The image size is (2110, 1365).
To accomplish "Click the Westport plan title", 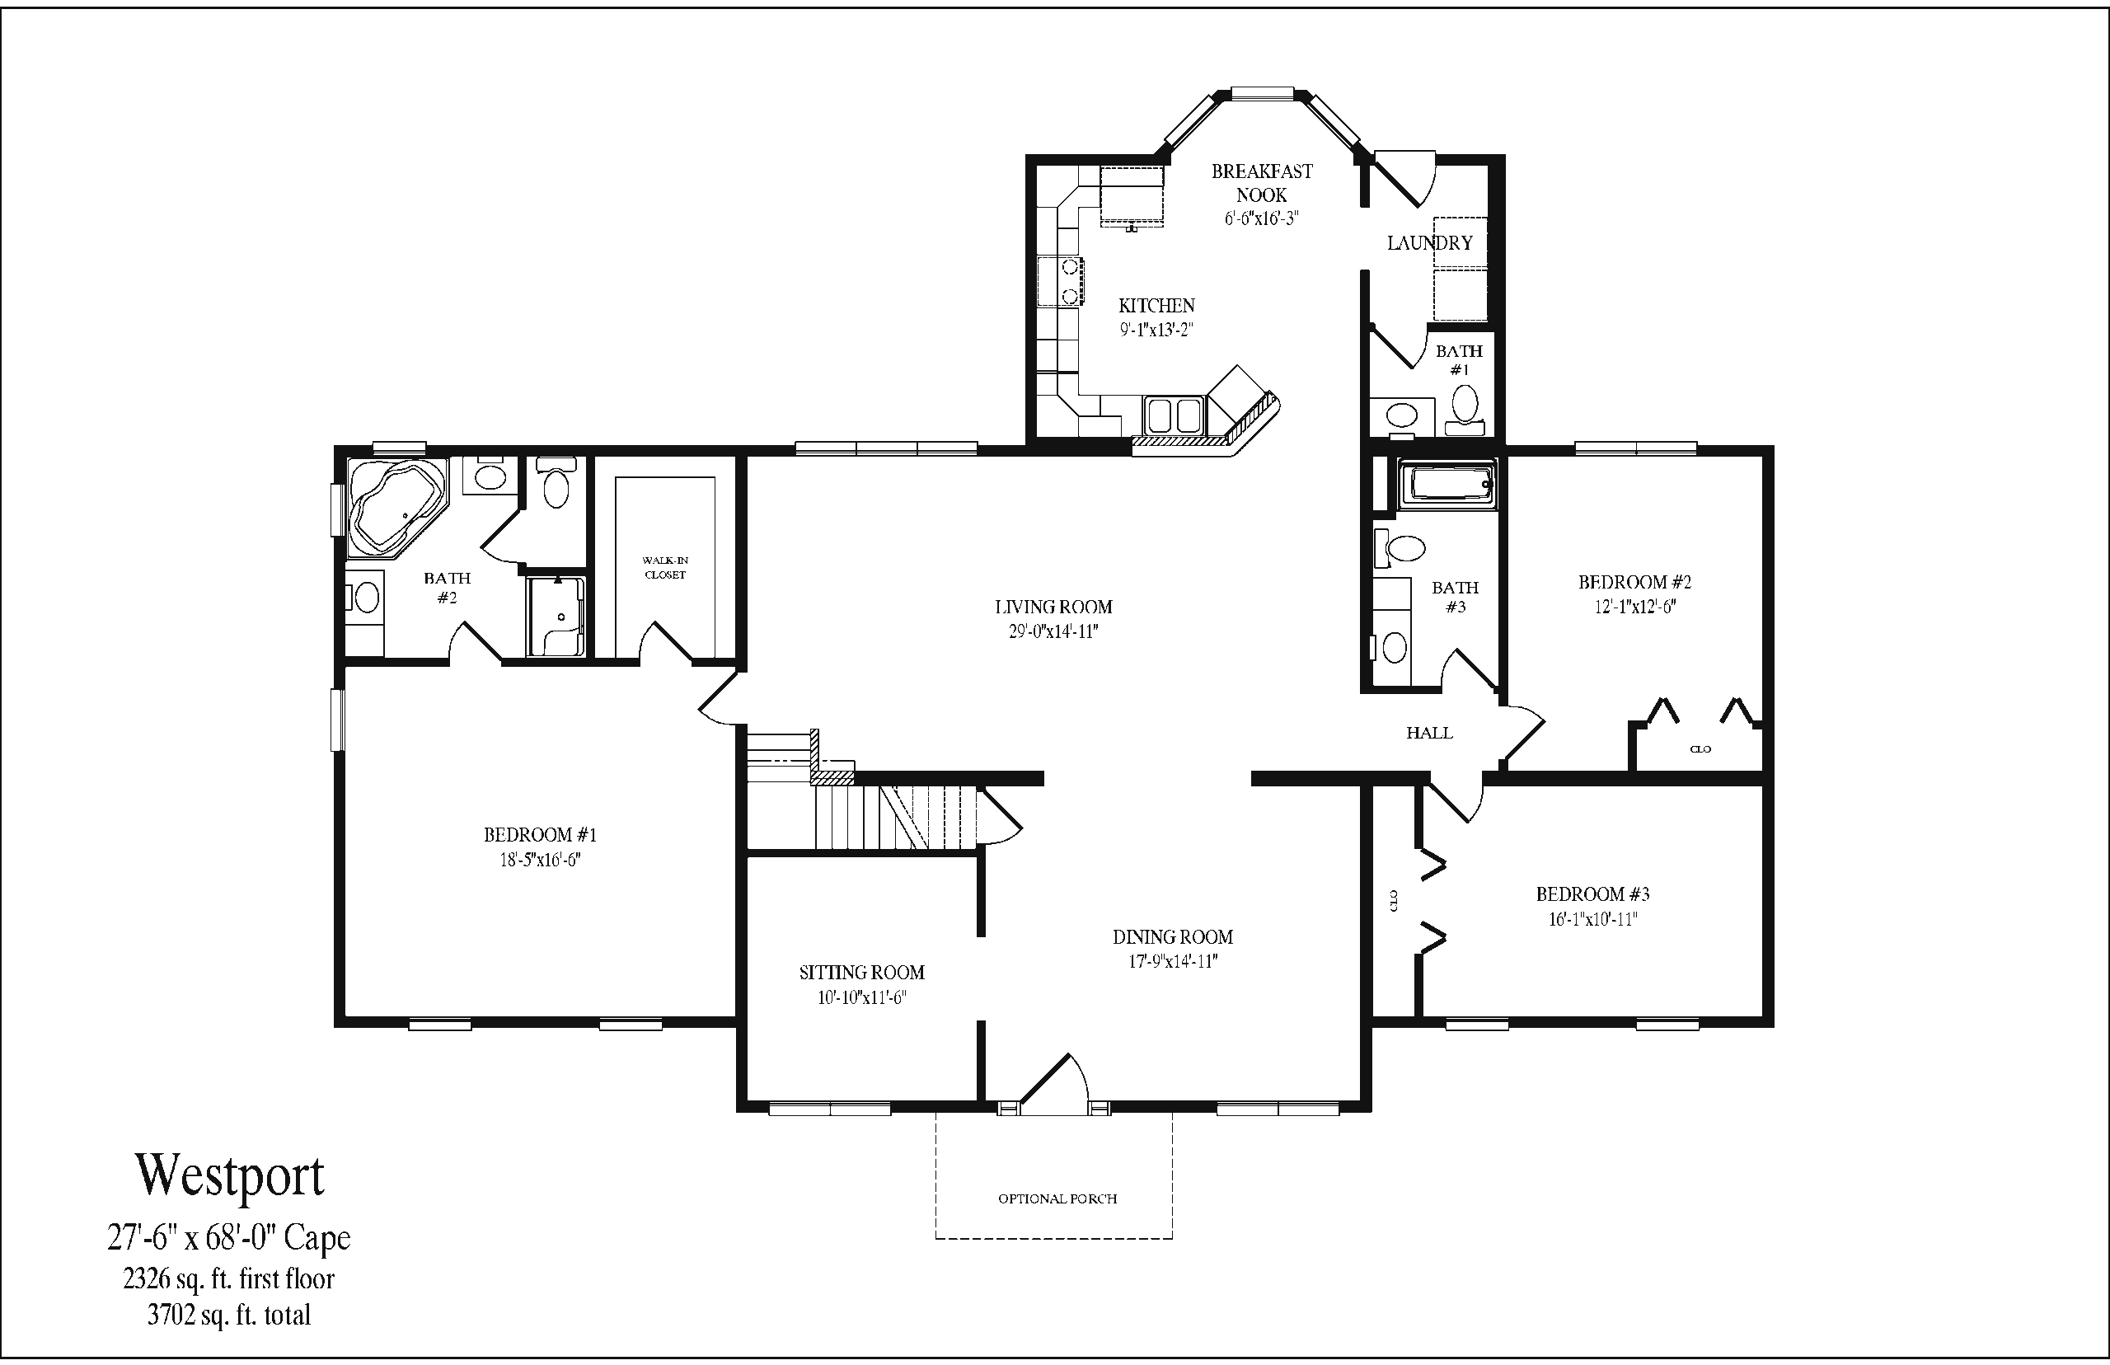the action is click(229, 1175).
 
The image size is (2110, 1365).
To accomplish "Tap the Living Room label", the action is click(1053, 607).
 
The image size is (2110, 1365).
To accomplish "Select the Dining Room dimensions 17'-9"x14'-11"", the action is click(1172, 962).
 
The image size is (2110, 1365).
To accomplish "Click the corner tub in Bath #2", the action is click(396, 506).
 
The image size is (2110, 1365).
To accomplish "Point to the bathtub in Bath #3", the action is click(1447, 484).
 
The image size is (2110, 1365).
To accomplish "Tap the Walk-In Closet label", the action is click(664, 567).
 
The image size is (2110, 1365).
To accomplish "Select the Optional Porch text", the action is click(1057, 1198).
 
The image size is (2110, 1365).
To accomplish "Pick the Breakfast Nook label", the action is click(1262, 183).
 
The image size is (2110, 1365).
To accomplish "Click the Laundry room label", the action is click(1429, 243).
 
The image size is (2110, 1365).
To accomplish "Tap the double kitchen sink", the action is click(1172, 415).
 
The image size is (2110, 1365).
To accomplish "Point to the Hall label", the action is click(1428, 733).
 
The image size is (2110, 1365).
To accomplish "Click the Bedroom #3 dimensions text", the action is click(1592, 919).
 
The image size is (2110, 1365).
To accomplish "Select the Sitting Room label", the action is click(861, 973).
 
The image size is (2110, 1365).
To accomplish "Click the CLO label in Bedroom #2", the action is click(1700, 749).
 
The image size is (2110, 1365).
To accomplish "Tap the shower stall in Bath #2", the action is click(556, 617).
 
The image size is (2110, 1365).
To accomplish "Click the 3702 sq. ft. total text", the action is click(229, 1316).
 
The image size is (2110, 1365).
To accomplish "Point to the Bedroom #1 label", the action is click(540, 835).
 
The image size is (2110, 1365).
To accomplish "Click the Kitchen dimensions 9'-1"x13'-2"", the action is click(1156, 330).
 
